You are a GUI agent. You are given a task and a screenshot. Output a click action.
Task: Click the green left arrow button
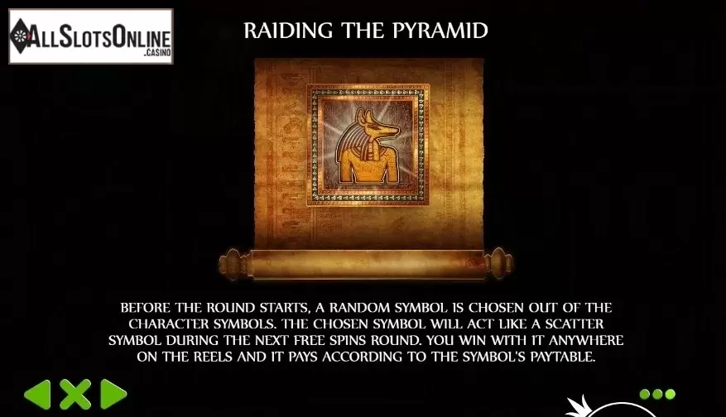pyautogui.click(x=37, y=395)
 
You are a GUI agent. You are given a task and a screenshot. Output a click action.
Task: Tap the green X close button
pyautogui.click(x=75, y=395)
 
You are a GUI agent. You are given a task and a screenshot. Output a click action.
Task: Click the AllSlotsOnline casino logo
pyautogui.click(x=91, y=36)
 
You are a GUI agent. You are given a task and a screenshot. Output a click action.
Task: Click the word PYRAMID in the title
pyautogui.click(x=440, y=31)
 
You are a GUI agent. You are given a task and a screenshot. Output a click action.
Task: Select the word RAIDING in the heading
pyautogui.click(x=288, y=31)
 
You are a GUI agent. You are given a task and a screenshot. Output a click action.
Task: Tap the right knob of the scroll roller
pyautogui.click(x=499, y=263)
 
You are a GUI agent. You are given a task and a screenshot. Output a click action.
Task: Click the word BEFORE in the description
pyautogui.click(x=146, y=308)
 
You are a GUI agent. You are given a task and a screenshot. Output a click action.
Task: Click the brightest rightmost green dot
pyautogui.click(x=670, y=395)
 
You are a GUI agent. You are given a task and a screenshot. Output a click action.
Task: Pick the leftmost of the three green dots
pyautogui.click(x=645, y=395)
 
